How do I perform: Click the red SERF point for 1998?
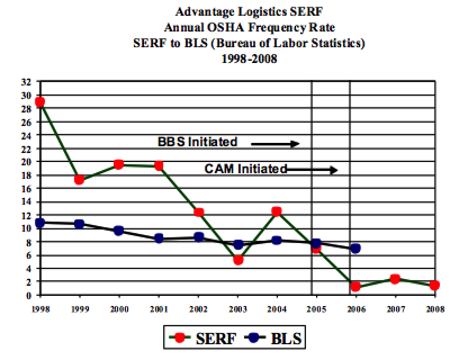coord(39,102)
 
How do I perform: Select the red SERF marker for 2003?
coord(238,260)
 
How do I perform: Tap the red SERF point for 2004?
coord(277,211)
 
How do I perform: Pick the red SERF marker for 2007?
coord(395,278)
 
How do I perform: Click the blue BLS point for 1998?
coord(39,223)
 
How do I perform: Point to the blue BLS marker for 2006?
coord(355,248)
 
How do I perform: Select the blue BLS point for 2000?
coord(119,231)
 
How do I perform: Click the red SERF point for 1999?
coord(79,180)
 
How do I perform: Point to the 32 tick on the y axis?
coord(26,82)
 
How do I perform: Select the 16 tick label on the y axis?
coord(26,188)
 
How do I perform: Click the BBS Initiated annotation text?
coord(197,142)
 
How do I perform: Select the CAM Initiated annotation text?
coord(246,168)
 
